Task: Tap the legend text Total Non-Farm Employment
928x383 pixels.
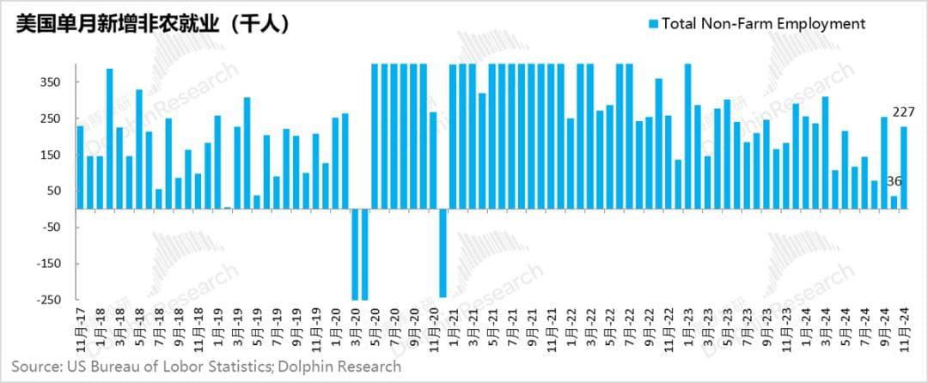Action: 763,24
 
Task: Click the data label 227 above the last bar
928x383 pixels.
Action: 902,112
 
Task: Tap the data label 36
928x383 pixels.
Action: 894,181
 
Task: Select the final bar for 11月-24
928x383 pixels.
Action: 903,167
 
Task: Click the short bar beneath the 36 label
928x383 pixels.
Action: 894,202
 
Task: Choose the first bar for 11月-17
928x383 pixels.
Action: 80,167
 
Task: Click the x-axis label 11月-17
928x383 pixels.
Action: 80,331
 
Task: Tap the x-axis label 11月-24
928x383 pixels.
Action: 903,331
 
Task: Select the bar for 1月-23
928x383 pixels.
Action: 687,136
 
